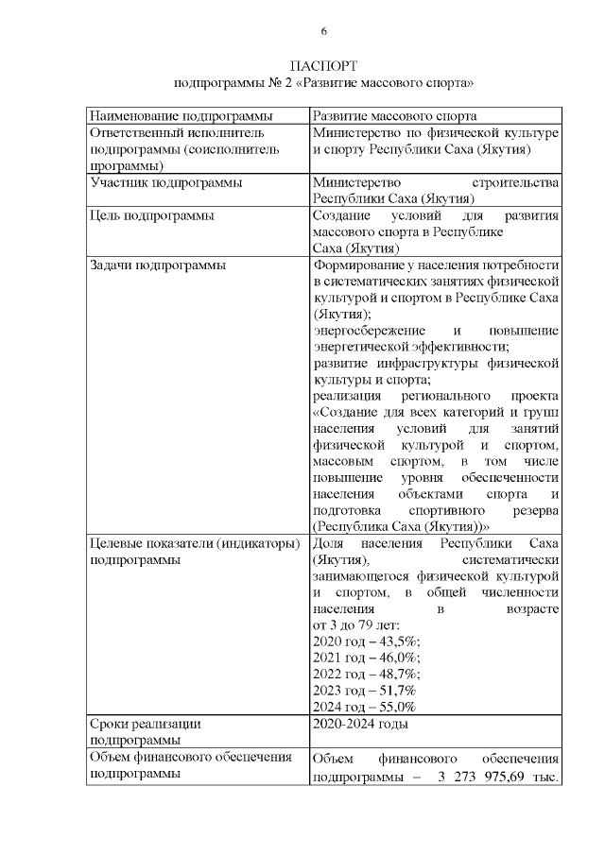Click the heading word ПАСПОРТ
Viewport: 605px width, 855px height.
[324, 67]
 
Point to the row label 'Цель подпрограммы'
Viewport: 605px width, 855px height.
[150, 215]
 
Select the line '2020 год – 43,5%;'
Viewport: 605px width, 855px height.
[366, 641]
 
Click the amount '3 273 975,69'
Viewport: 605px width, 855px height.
[486, 778]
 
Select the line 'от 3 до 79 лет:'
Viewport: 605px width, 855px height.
[355, 625]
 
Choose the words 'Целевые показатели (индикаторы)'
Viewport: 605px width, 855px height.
[194, 543]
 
